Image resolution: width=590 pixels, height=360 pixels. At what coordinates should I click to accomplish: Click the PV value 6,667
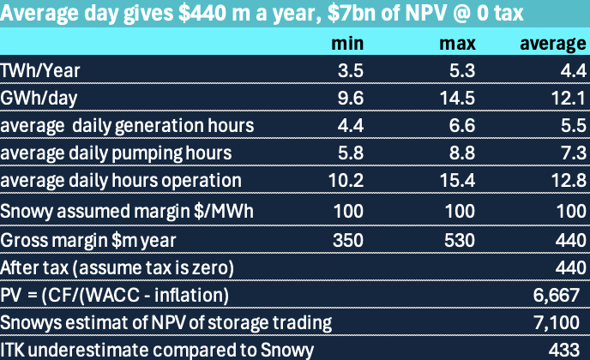click(x=561, y=295)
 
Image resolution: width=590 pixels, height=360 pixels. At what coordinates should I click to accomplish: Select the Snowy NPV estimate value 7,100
click(x=561, y=322)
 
